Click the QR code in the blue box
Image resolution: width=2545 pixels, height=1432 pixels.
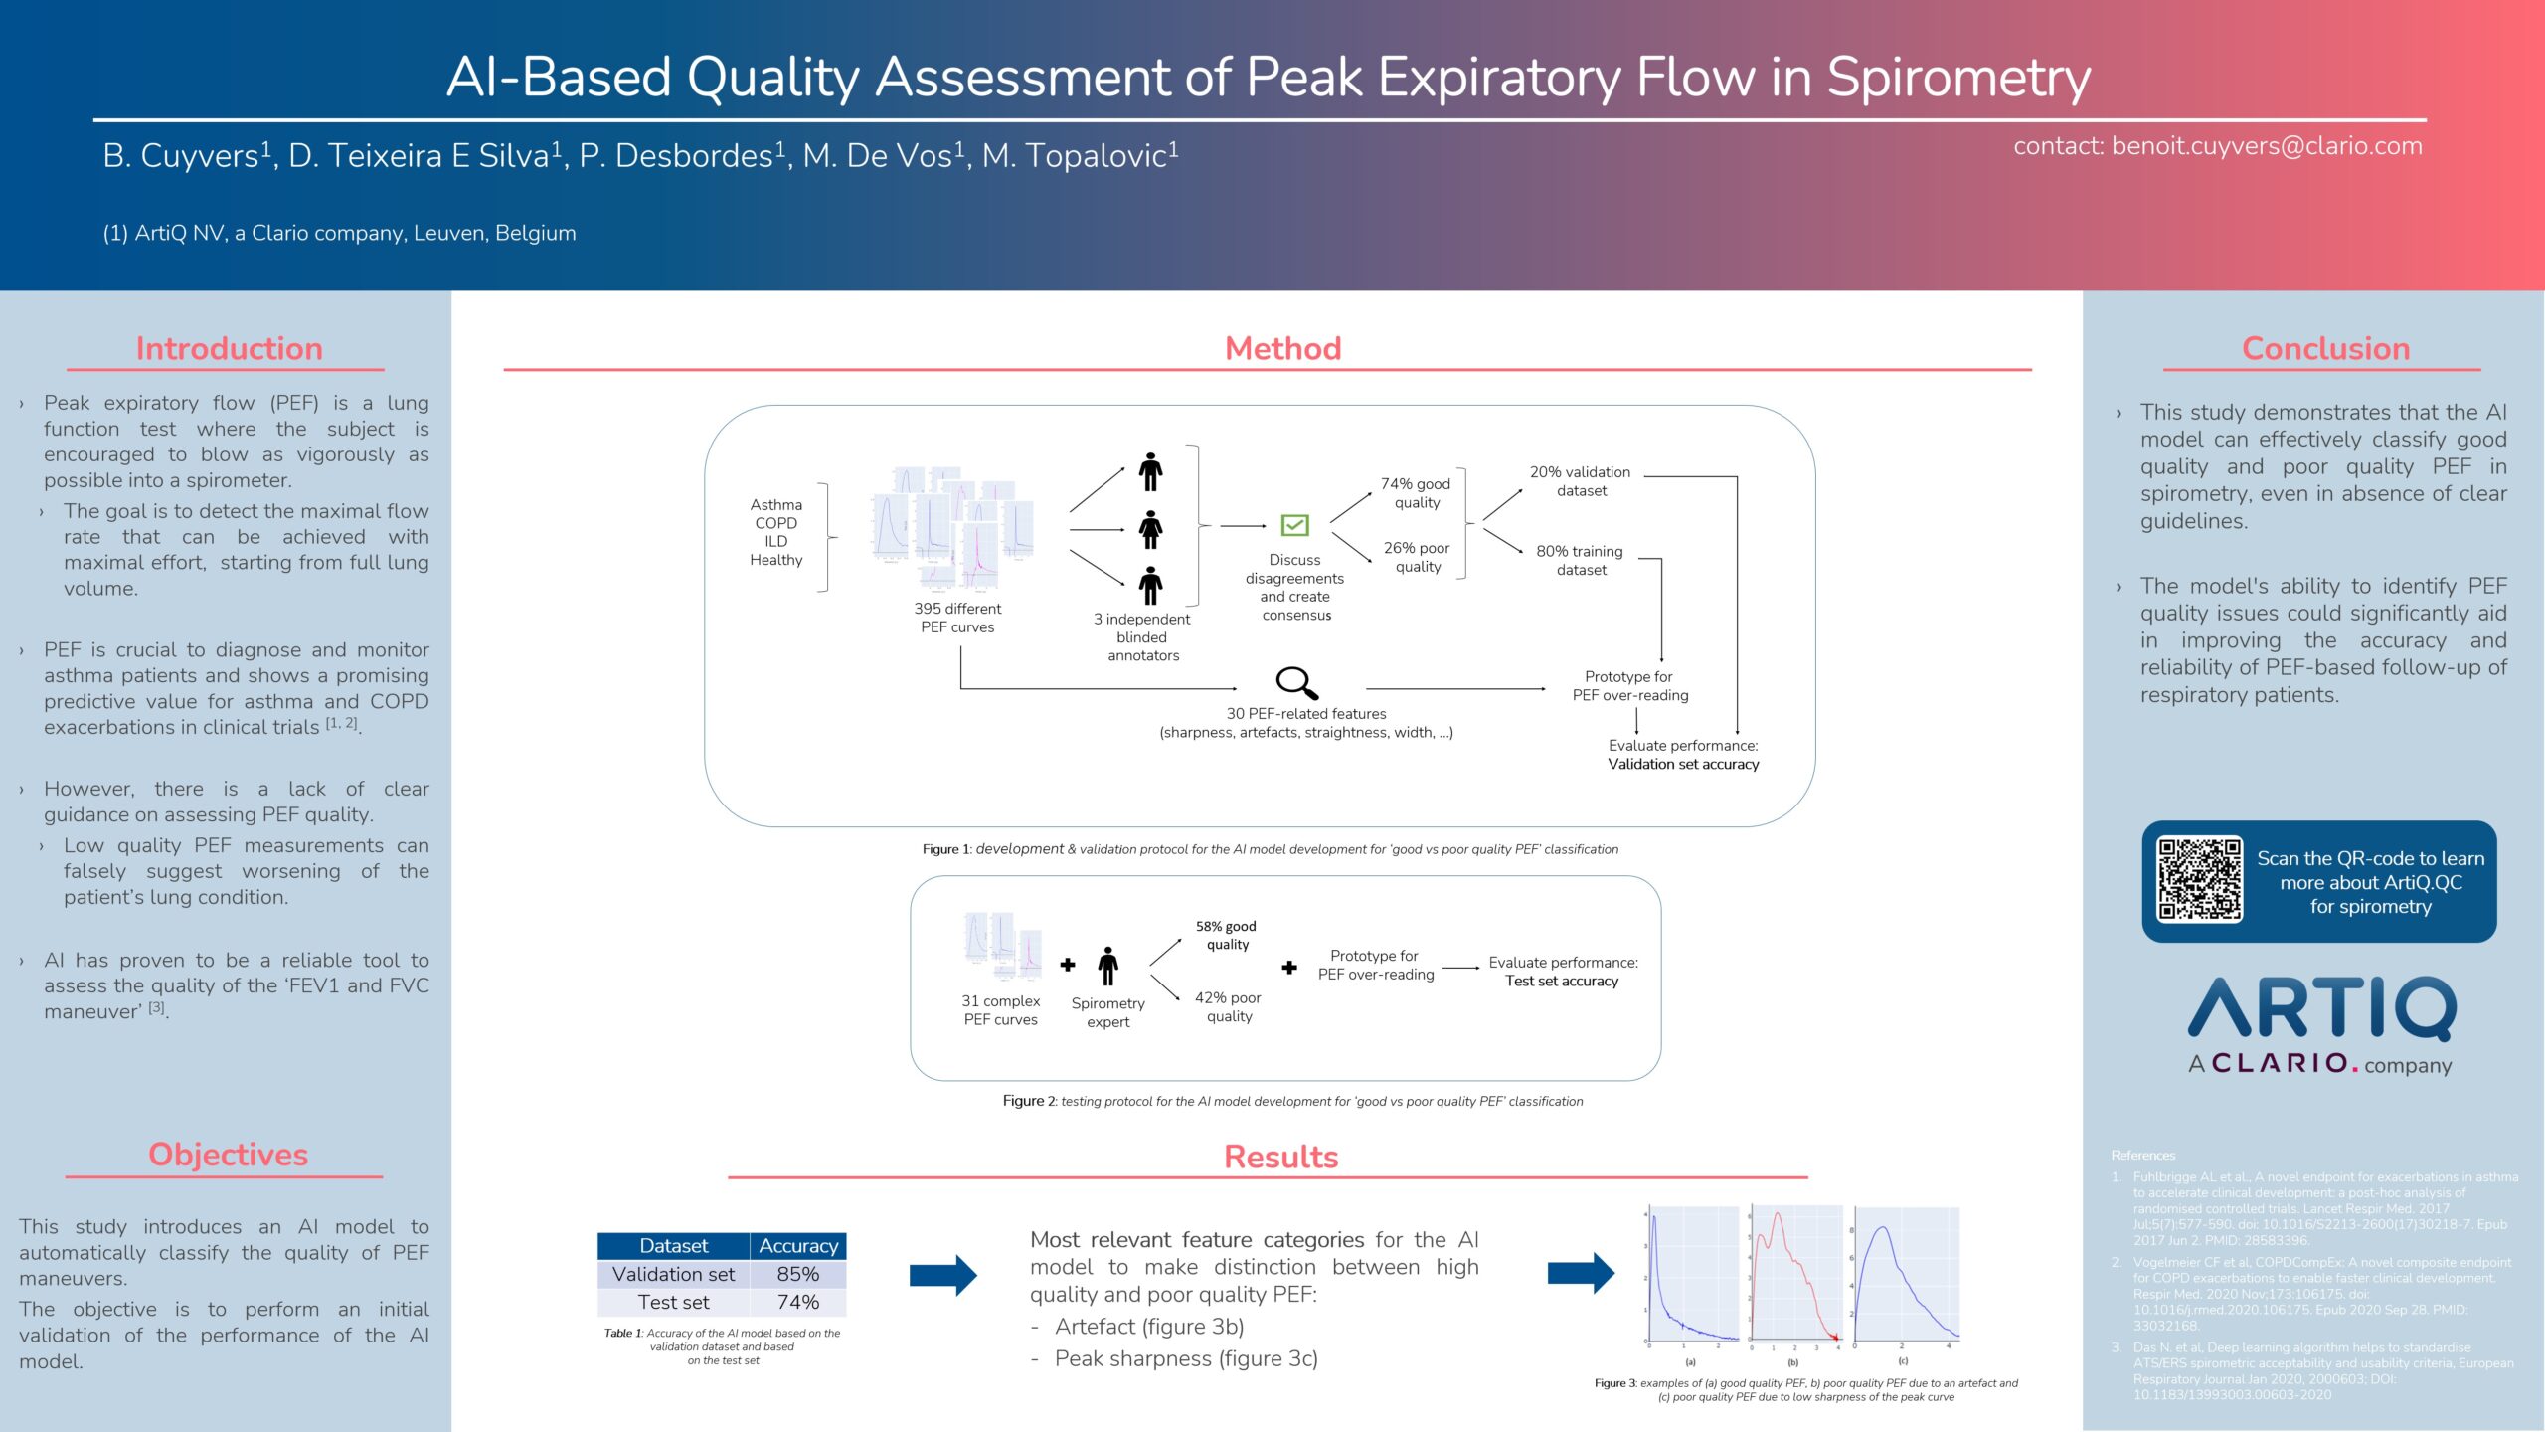point(2199,880)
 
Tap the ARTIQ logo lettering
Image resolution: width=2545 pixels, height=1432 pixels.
point(2321,1008)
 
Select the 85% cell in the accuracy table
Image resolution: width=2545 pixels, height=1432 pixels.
point(797,1274)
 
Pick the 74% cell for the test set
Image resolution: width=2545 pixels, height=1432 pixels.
point(797,1302)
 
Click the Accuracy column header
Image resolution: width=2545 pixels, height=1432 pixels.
point(797,1245)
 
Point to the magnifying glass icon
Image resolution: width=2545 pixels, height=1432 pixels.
point(1296,683)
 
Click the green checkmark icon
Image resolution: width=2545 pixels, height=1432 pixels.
point(1294,524)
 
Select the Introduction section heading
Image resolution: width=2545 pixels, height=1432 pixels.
point(229,348)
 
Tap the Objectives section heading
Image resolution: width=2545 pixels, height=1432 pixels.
point(228,1154)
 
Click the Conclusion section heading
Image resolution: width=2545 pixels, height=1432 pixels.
point(2325,348)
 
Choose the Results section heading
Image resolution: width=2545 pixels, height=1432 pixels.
point(1280,1157)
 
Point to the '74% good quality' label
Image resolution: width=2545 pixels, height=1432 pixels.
point(1416,493)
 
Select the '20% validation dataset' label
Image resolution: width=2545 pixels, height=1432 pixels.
point(1580,481)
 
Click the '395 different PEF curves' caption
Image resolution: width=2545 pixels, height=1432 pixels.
point(957,618)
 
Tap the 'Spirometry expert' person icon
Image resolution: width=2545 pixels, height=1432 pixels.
point(1107,966)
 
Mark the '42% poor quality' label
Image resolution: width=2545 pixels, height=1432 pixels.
point(1228,1006)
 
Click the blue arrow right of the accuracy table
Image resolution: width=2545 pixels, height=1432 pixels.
point(942,1275)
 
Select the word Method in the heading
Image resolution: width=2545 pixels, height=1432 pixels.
point(1282,348)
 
